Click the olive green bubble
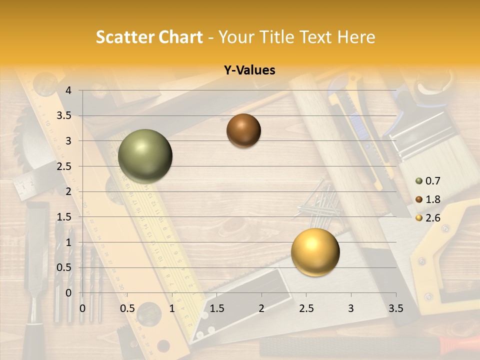pos(145,156)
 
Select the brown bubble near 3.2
pos(243,130)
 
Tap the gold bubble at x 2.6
pos(315,252)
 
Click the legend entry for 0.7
pos(427,181)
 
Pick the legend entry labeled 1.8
pos(427,199)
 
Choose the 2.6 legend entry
pos(427,217)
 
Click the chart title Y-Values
pos(249,70)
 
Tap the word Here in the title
pos(355,37)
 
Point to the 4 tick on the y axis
pos(68,90)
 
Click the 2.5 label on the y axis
pos(64,166)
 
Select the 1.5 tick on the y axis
pos(64,217)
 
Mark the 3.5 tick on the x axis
pos(395,308)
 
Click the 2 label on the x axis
pos(261,308)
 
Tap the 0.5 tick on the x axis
pos(127,308)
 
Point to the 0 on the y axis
pos(68,292)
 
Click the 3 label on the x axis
pos(351,308)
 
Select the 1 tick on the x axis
pos(172,308)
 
